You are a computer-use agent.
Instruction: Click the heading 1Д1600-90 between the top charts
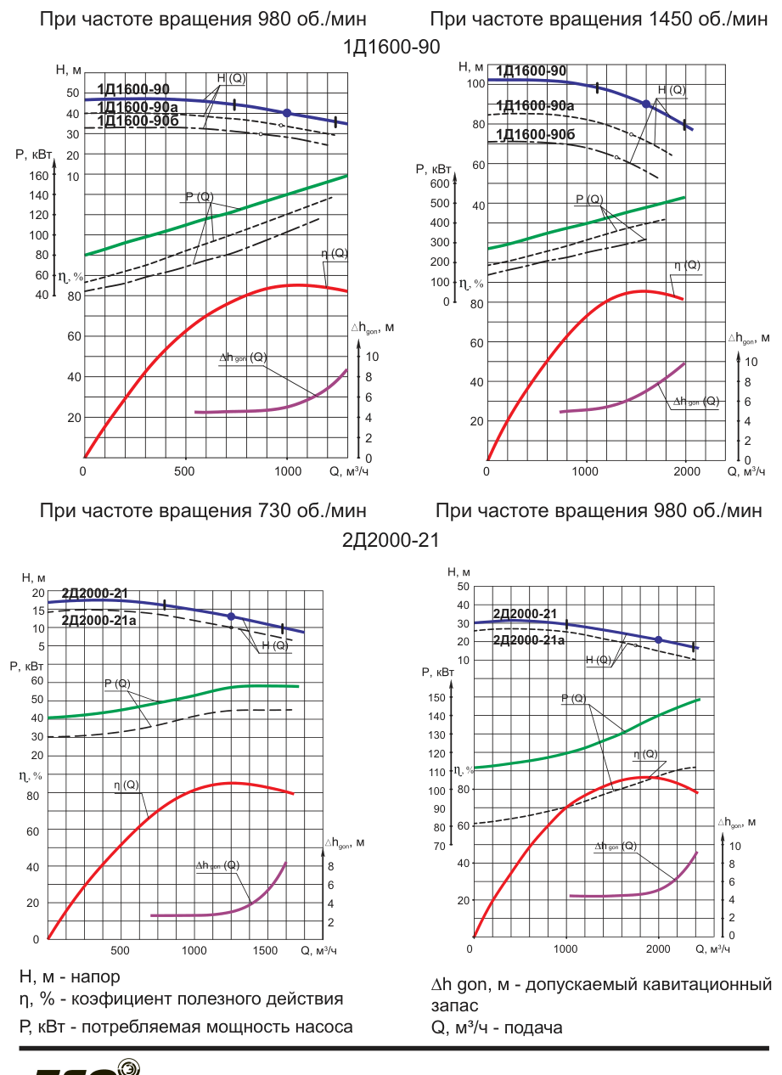coord(391,47)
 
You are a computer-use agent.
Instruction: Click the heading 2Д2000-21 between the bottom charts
coord(391,540)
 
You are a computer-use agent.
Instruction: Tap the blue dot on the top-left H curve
coord(287,113)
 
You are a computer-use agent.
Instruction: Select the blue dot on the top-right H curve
coord(646,104)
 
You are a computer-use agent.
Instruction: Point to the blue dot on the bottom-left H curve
coord(231,616)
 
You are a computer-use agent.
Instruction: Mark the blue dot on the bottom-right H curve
coord(659,639)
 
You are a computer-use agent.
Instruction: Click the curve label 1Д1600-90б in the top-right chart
coord(535,134)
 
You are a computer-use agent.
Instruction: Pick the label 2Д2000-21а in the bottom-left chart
coord(98,621)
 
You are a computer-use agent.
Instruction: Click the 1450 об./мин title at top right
coord(599,20)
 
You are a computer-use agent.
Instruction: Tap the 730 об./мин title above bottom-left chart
coord(203,510)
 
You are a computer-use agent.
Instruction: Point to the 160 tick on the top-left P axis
coord(39,176)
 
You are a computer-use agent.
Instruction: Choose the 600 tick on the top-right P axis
coord(440,183)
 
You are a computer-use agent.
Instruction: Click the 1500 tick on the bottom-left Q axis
coord(265,951)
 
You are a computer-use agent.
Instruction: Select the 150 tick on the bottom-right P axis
coord(436,698)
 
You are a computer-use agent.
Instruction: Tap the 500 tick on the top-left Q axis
coord(184,471)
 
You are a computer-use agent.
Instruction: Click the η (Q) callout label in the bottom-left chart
coord(127,785)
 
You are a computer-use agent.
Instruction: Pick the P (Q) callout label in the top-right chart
coord(589,200)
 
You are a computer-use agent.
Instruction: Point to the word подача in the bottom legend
coord(533,1028)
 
